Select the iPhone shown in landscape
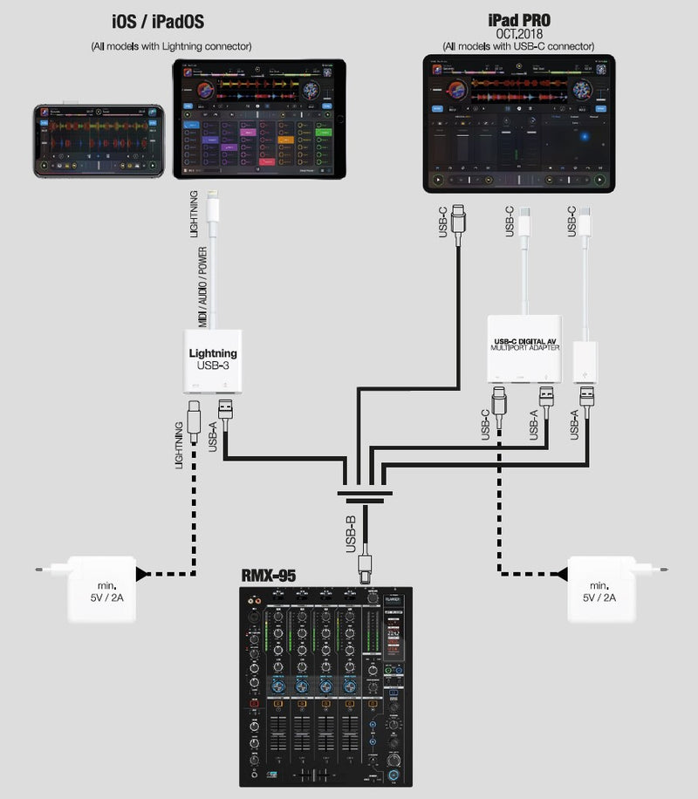99,140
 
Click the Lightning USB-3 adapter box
213,359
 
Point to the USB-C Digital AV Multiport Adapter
525,348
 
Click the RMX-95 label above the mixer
270,576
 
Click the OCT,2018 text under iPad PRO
518,34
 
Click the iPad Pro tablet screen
518,124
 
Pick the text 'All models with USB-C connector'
518,45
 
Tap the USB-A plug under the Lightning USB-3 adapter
224,411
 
